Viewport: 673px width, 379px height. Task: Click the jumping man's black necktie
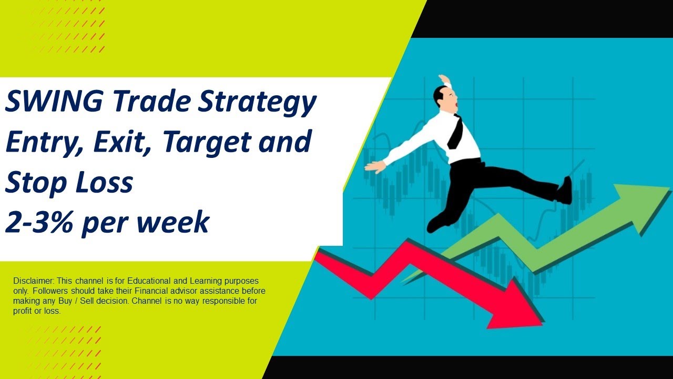click(455, 133)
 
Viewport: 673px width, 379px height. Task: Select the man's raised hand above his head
click(445, 79)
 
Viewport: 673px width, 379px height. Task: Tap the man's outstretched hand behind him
click(375, 167)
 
